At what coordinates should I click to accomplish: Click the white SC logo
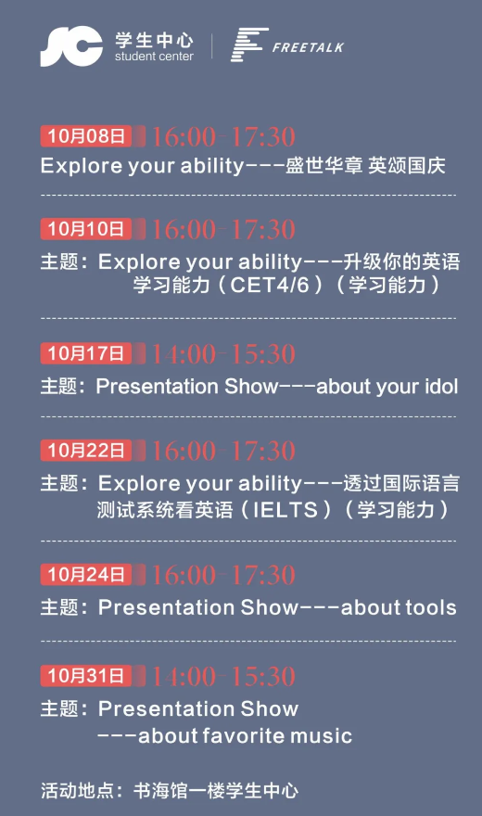pos(71,47)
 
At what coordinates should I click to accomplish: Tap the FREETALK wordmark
pos(308,48)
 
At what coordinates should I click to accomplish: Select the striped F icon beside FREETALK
pos(249,45)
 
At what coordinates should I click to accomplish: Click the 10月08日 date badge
pos(86,136)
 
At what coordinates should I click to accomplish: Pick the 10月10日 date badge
pos(86,229)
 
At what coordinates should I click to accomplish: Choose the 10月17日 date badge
pos(86,354)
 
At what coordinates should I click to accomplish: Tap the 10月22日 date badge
pos(86,450)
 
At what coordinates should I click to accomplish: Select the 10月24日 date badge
pos(86,575)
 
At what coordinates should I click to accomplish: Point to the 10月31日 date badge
pos(86,676)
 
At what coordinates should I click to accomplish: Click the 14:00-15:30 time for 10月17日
pos(223,354)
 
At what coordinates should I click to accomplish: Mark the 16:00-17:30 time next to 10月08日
pos(223,137)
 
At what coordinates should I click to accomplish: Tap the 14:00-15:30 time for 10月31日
pos(223,677)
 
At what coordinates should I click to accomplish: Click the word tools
pos(431,608)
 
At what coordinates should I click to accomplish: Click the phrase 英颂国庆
pos(407,166)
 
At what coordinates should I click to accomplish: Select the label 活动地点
pos(78,791)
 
